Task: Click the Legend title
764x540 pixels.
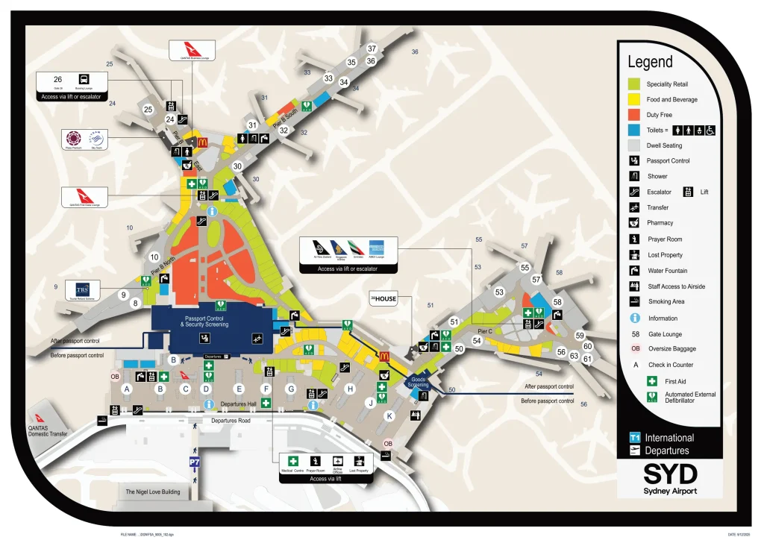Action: [650, 63]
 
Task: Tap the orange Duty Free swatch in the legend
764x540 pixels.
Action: [634, 115]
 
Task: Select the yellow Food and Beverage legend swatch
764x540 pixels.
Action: [634, 99]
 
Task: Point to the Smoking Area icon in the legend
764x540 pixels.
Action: [633, 302]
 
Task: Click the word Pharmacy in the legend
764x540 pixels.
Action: [660, 223]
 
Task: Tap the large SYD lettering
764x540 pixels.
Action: [670, 474]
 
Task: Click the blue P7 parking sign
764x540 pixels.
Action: [195, 463]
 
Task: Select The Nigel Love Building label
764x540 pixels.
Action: [152, 492]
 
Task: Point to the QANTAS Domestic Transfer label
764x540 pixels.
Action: [48, 430]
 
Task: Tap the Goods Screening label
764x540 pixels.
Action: [419, 382]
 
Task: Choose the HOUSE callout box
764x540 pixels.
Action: [384, 299]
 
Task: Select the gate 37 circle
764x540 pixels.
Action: [372, 49]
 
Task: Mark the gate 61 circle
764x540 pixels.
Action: [587, 359]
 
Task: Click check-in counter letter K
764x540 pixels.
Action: [388, 415]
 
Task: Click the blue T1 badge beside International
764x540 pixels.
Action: [635, 438]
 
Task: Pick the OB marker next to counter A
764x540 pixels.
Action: [115, 377]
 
